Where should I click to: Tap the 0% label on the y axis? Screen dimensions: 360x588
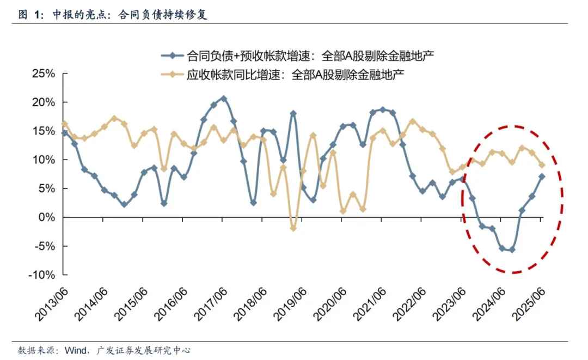47,217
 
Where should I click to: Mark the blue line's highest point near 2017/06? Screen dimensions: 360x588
223,99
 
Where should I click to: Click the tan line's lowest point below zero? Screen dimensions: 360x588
293,228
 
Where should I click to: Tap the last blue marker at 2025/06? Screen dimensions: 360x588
542,176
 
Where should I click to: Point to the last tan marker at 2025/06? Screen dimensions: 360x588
542,165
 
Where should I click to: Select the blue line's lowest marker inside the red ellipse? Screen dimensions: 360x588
512,249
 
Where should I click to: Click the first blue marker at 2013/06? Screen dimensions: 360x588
64,132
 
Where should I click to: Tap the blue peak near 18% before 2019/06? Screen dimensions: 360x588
293,113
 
